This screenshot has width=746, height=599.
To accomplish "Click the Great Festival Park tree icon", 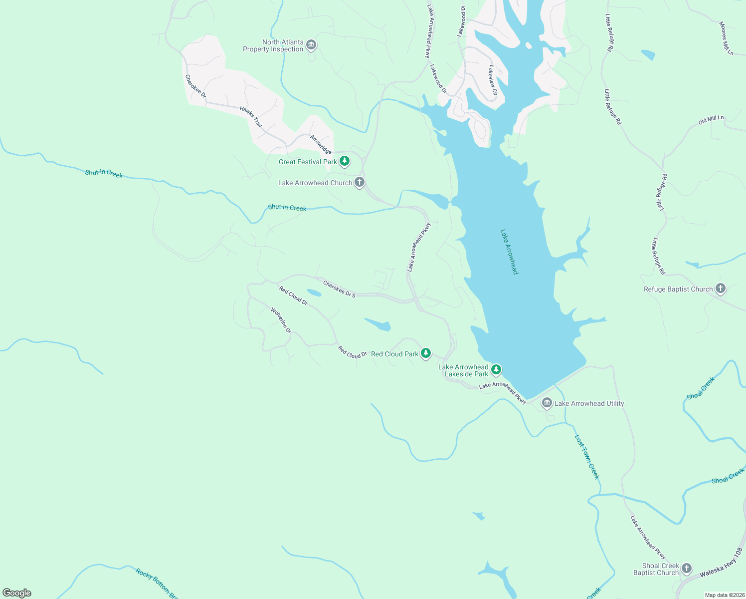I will coord(344,161).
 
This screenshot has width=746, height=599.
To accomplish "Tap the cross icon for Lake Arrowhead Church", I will coord(359,182).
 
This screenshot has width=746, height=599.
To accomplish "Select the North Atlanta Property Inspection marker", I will coord(311,45).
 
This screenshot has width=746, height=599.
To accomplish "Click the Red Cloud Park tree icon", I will coord(425,353).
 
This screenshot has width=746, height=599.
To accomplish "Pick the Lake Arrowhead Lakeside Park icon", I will coord(496,369).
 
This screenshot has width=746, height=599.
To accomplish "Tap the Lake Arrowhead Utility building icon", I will coord(547,402).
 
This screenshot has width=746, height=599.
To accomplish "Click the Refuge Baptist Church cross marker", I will coord(720,288).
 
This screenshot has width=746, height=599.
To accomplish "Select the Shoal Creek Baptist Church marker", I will coord(686,568).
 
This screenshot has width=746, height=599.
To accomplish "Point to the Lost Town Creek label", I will coord(587,457).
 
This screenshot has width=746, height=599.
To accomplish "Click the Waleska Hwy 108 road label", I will coord(721,563).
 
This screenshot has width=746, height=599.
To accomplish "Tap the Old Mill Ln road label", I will coord(711,120).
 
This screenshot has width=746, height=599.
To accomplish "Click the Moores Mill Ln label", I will coord(727,38).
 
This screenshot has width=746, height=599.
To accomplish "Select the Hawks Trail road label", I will coord(251,116).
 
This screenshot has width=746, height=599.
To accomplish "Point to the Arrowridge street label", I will coord(321,144).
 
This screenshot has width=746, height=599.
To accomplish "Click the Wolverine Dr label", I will coord(281,320).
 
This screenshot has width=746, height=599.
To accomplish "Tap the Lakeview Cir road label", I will coord(493,80).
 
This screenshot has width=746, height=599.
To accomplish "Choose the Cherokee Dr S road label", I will coord(339,289).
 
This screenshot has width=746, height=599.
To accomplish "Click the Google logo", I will coord(17,593).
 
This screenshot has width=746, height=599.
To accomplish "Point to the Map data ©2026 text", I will coord(725,595).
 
